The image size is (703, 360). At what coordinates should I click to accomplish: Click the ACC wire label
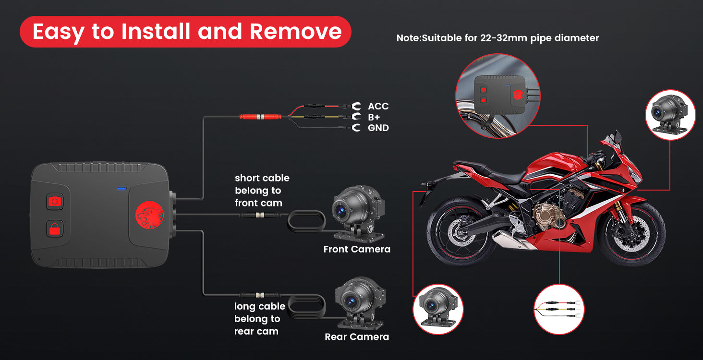pyautogui.click(x=378, y=106)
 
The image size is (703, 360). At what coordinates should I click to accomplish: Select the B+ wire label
pyautogui.click(x=375, y=117)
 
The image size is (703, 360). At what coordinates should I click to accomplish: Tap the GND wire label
pyautogui.click(x=378, y=128)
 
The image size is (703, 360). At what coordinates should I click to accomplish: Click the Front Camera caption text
pyautogui.click(x=357, y=249)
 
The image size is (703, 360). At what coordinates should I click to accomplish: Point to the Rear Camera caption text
pyautogui.click(x=357, y=337)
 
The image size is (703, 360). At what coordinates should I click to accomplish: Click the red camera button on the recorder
pyautogui.click(x=55, y=201)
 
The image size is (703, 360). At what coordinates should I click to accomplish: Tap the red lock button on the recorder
pyautogui.click(x=55, y=228)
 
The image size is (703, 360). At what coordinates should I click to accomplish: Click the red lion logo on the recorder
pyautogui.click(x=149, y=215)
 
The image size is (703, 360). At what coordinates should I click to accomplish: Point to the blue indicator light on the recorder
pyautogui.click(x=122, y=189)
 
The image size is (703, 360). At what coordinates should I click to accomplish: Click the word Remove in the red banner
pyautogui.click(x=295, y=32)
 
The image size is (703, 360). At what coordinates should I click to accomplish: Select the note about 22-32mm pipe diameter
pyautogui.click(x=497, y=38)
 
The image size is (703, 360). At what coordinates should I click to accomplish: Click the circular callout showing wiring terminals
pyautogui.click(x=559, y=309)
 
